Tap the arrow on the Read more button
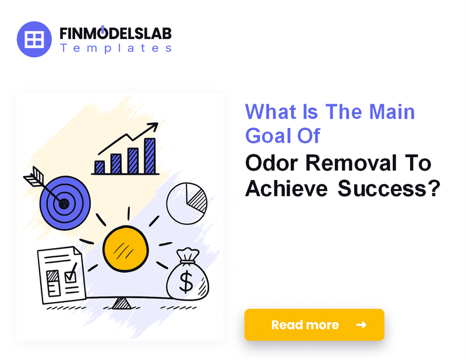coord(361,324)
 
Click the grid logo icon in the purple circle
coord(35,40)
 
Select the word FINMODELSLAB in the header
coord(115,34)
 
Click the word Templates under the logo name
coord(115,48)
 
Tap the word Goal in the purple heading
coord(270,135)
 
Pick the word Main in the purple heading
coord(390,111)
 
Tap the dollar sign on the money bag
coord(186,282)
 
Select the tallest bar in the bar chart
coord(150,156)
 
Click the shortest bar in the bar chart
coord(100,167)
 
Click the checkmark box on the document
coord(70,274)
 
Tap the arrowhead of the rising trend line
coord(154,126)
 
